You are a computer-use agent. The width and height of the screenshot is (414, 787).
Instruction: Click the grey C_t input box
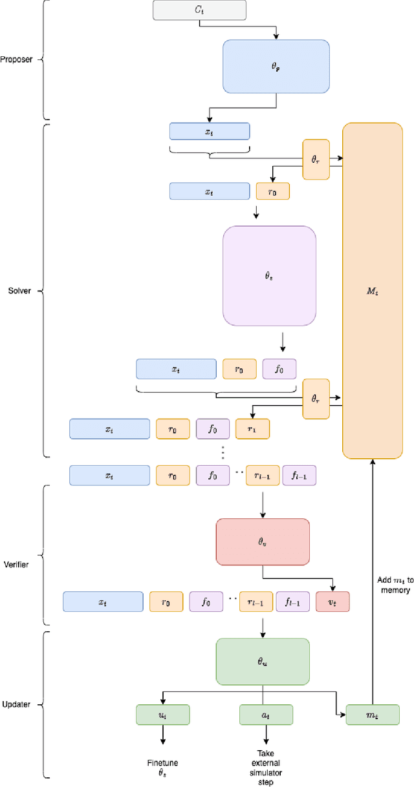[x=199, y=10]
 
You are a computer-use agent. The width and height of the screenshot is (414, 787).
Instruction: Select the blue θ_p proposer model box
[x=276, y=65]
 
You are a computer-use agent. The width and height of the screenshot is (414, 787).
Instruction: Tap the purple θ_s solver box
[x=269, y=275]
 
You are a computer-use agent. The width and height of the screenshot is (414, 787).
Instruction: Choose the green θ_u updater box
[x=263, y=661]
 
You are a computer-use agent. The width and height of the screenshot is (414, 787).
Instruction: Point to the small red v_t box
[x=332, y=602]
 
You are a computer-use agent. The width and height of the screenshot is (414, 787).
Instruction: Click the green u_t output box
[x=163, y=714]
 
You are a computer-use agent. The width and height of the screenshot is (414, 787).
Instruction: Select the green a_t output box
[x=266, y=714]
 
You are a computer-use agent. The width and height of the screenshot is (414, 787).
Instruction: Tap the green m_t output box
[x=373, y=714]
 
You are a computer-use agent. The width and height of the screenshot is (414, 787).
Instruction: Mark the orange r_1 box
[x=252, y=428]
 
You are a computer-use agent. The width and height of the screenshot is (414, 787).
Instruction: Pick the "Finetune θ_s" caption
[x=162, y=768]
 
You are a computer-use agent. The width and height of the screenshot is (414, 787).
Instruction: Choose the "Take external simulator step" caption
[x=266, y=768]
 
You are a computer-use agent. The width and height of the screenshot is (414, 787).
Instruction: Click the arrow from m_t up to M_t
[x=373, y=582]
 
